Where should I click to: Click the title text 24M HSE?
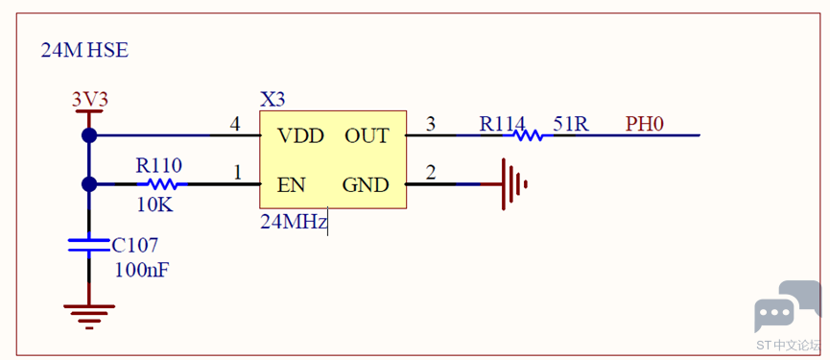coord(84,51)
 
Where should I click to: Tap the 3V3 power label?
coord(90,100)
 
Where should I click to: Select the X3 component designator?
coord(273,100)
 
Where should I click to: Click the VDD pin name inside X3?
coord(300,136)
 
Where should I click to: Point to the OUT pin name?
coord(367,136)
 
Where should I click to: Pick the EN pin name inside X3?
coord(291,185)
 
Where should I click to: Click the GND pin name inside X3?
coord(366,185)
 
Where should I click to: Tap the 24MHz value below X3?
coord(294,222)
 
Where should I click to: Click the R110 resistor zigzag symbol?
coord(162,184)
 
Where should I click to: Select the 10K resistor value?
coord(154,204)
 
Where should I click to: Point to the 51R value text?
coord(571,125)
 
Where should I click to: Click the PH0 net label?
coord(645,125)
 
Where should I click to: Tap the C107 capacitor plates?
coord(89,245)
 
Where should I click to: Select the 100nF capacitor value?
coord(142,270)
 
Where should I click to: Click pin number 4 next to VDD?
coord(234,125)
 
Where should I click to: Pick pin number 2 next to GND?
coord(432,173)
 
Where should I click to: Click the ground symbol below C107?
coord(89,317)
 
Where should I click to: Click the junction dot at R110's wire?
coord(89,184)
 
